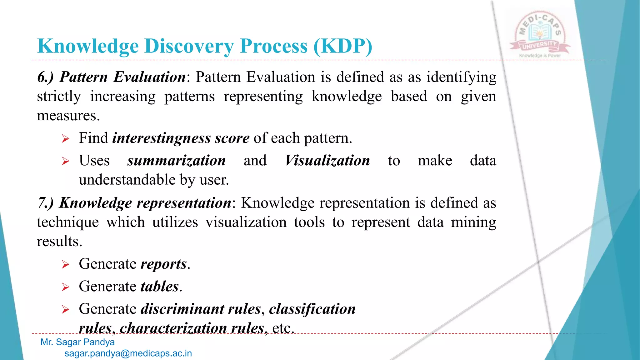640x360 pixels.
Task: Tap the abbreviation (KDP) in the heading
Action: [x=342, y=46]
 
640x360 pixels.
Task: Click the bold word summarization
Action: [x=176, y=161]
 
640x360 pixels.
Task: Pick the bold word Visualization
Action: [x=327, y=161]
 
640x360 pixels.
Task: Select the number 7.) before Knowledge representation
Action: [x=46, y=203]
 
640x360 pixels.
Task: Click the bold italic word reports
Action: [x=164, y=264]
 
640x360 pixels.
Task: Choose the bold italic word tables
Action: [x=160, y=287]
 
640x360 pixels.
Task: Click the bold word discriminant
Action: [x=182, y=309]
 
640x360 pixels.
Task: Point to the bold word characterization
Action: [x=173, y=328]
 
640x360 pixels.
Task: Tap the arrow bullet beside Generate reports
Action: [x=65, y=265]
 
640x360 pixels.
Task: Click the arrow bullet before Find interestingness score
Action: [x=65, y=139]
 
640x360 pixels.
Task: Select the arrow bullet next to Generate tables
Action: [x=65, y=287]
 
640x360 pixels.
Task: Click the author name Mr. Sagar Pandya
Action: [x=77, y=342]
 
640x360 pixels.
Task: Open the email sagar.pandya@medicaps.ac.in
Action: [x=128, y=353]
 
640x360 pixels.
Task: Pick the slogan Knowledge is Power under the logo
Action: [x=540, y=56]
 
